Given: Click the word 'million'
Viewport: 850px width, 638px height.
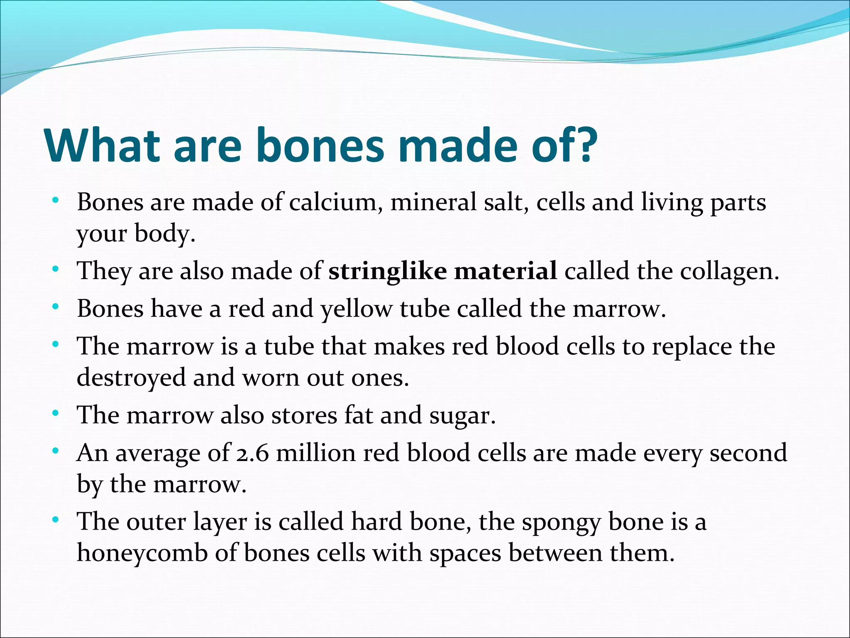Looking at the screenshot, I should pyautogui.click(x=316, y=453).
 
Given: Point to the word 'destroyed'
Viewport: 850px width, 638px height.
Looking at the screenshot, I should pyautogui.click(x=131, y=378).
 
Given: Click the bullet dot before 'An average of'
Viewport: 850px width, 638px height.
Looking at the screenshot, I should pyautogui.click(x=55, y=451).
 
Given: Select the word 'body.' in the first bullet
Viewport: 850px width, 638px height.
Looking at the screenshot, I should pyautogui.click(x=165, y=234).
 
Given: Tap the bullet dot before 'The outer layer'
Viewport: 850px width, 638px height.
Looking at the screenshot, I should pyautogui.click(x=55, y=520).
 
